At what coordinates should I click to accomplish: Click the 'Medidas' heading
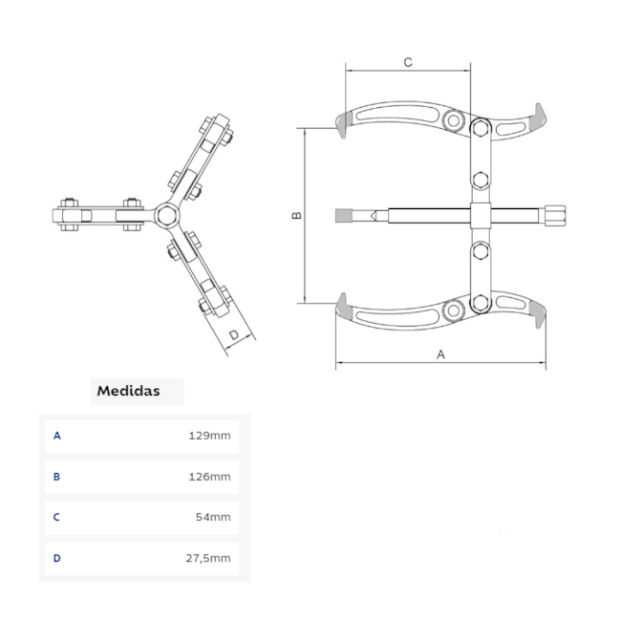click(128, 391)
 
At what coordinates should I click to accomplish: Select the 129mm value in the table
click(210, 436)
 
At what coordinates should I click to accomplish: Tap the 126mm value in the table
click(210, 477)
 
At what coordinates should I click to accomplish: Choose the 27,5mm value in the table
click(207, 558)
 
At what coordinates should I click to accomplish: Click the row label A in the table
click(57, 436)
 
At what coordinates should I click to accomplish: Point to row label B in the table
click(57, 477)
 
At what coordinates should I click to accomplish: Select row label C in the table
click(57, 517)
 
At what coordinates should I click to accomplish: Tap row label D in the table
click(57, 558)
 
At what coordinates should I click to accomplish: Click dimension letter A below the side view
click(440, 353)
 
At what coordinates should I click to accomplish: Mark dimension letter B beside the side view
click(296, 215)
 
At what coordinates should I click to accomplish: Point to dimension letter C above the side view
click(407, 62)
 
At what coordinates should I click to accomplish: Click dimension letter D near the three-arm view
click(234, 334)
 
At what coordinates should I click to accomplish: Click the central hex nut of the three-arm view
click(165, 212)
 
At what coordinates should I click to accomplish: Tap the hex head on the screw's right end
click(557, 215)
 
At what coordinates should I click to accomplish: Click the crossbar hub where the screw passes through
click(481, 215)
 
